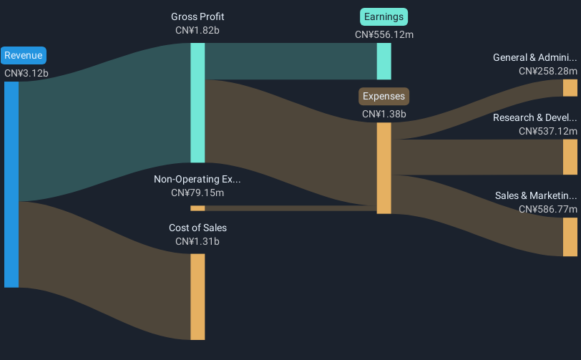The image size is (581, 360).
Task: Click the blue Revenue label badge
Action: (x=24, y=56)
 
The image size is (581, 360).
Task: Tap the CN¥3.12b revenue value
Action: (x=26, y=74)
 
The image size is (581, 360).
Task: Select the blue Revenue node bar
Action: (x=11, y=185)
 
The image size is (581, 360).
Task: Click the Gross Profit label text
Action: (x=197, y=16)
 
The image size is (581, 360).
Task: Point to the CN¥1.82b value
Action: (x=197, y=30)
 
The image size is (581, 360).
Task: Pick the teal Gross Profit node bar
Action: (x=197, y=102)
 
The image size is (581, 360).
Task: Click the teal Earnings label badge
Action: (x=384, y=17)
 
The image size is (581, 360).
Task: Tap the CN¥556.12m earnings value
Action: (x=384, y=35)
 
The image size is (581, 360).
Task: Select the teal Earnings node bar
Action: (x=384, y=61)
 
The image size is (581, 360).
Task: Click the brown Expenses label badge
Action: (x=384, y=97)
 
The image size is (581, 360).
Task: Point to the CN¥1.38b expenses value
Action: (x=384, y=115)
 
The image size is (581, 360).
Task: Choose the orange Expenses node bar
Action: (x=384, y=168)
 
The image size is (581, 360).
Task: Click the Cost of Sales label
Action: (x=198, y=228)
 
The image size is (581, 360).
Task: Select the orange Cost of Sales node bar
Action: (x=197, y=297)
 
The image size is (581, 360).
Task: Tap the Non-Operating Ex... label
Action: (x=197, y=180)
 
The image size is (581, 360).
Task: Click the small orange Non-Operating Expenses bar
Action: (x=197, y=208)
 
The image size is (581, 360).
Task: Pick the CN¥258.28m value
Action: (x=548, y=71)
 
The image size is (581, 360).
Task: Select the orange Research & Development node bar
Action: (x=570, y=157)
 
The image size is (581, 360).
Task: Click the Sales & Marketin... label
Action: (x=536, y=196)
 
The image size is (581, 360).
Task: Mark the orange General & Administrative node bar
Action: (x=570, y=88)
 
